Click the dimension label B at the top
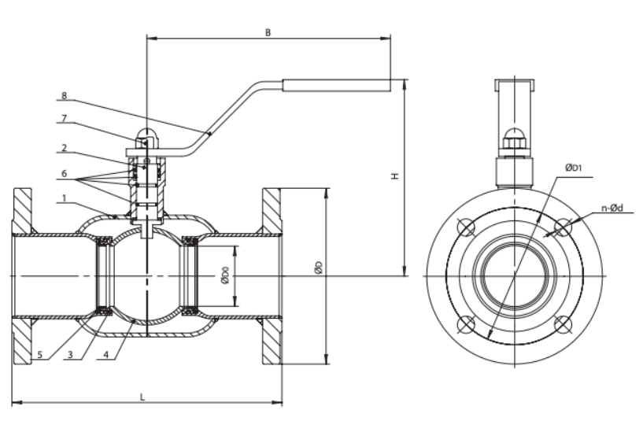point(268,32)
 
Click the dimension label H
point(394,176)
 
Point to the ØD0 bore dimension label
point(225,275)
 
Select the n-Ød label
point(612,209)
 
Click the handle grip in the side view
point(336,84)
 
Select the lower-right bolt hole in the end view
point(562,323)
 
